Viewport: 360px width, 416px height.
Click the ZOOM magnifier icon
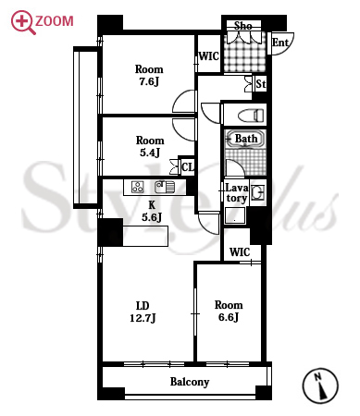coord(21,22)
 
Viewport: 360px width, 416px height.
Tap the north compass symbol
coord(320,385)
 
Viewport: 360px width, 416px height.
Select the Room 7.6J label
coord(149,75)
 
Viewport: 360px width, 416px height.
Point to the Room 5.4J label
coord(150,146)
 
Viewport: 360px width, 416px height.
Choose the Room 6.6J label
coord(229,311)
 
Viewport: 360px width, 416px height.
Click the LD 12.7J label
coord(143,312)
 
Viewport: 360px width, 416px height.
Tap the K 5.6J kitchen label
coord(152,212)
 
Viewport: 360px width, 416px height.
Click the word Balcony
coord(190,382)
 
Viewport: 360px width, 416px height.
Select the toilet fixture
coord(251,116)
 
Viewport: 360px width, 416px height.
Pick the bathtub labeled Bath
coord(245,139)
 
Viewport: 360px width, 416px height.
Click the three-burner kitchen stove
coord(138,187)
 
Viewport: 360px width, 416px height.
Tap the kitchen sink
coord(165,187)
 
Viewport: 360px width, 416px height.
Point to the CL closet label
coord(188,167)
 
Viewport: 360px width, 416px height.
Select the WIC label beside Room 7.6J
coord(209,56)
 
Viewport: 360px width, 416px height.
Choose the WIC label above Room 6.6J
coord(240,252)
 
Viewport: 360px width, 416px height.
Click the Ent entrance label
coord(280,43)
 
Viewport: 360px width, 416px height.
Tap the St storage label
coord(261,83)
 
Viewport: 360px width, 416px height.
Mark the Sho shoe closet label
coord(243,26)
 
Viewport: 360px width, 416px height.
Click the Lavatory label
coord(237,193)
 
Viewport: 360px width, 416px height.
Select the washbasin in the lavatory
coord(257,192)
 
